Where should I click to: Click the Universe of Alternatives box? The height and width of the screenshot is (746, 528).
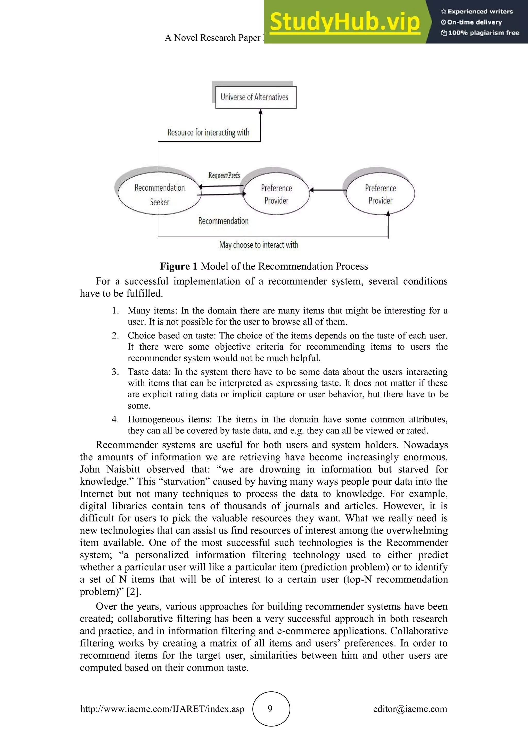pyautogui.click(x=255, y=97)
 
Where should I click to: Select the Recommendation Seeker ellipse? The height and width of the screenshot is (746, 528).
pyautogui.click(x=159, y=194)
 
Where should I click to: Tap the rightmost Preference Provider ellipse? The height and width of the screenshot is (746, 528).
pyautogui.click(x=380, y=194)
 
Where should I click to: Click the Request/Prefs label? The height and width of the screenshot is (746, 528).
pyautogui.click(x=224, y=175)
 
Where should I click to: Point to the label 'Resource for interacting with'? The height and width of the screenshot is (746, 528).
pyautogui.click(x=208, y=133)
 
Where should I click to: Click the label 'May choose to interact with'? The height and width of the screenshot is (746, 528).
pyautogui.click(x=259, y=245)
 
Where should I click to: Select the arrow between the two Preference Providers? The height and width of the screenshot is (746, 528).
pyautogui.click(x=328, y=190)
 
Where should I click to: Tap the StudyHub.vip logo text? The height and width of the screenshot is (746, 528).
pyautogui.click(x=345, y=22)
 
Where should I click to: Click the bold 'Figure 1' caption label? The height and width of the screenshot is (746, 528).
pyautogui.click(x=178, y=266)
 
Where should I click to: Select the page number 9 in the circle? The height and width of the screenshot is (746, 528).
pyautogui.click(x=270, y=709)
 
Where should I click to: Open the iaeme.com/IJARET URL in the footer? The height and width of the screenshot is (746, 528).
pyautogui.click(x=162, y=709)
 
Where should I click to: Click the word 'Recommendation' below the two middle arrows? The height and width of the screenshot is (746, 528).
pyautogui.click(x=223, y=221)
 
